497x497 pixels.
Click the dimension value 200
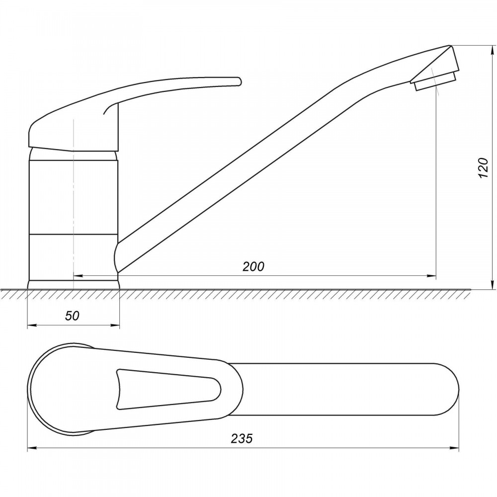pyautogui.click(x=253, y=266)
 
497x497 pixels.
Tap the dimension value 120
pyautogui.click(x=483, y=167)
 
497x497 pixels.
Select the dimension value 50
pyautogui.click(x=72, y=316)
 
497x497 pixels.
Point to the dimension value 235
pyautogui.click(x=242, y=438)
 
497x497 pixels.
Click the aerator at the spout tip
pyautogui.click(x=435, y=82)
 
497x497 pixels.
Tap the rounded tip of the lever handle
pyautogui.click(x=238, y=81)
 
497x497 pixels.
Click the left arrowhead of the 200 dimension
pyautogui.click(x=78, y=275)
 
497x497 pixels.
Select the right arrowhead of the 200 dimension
pyautogui.click(x=431, y=275)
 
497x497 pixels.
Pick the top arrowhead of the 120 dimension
pyautogui.click(x=492, y=51)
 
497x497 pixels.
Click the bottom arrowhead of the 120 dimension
pyautogui.click(x=492, y=284)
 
